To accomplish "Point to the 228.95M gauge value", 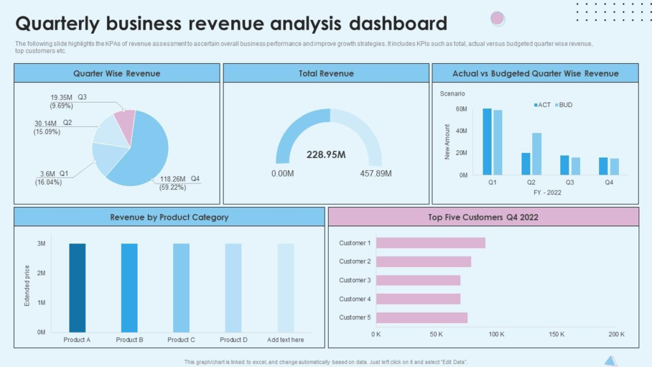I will (325, 155).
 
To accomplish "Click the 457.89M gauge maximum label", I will (376, 173).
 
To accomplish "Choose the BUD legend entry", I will (563, 104).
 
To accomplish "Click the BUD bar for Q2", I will (537, 154).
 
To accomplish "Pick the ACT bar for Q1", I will (487, 141).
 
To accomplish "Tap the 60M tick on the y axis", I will (461, 110).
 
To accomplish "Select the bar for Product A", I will (78, 287).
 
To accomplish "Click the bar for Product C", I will (181, 287).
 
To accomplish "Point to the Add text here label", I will (285, 340).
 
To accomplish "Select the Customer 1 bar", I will (430, 243).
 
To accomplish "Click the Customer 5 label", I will (355, 317).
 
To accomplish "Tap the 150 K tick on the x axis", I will (556, 334).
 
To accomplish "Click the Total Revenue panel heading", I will (326, 73).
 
